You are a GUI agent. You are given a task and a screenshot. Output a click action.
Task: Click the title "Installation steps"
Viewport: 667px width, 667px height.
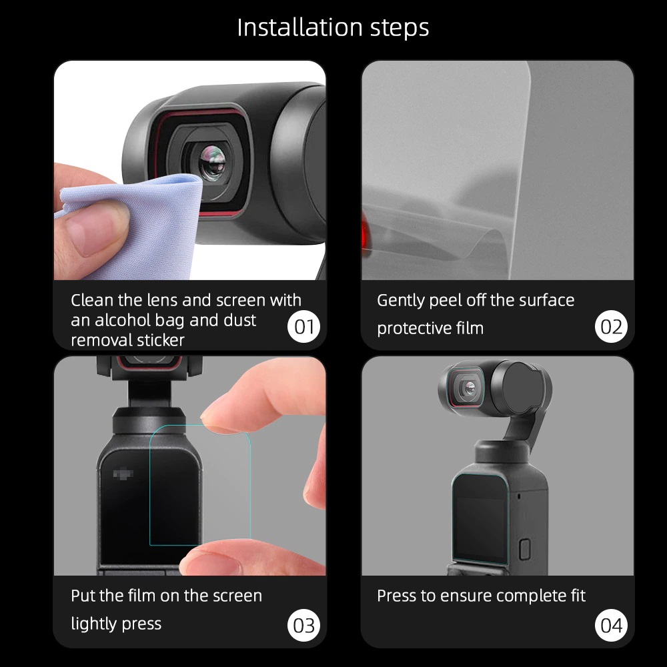pos(333,28)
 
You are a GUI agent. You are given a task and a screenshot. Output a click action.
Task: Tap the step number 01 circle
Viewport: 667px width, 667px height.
pos(304,327)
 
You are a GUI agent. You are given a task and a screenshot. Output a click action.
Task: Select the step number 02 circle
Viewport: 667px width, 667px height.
pos(611,327)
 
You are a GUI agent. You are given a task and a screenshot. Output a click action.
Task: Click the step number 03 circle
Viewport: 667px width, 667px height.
pos(304,626)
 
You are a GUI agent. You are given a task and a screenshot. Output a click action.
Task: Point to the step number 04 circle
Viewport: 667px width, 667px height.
pos(611,626)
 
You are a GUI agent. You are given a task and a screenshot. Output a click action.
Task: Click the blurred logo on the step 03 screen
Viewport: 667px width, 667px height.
pos(125,474)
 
